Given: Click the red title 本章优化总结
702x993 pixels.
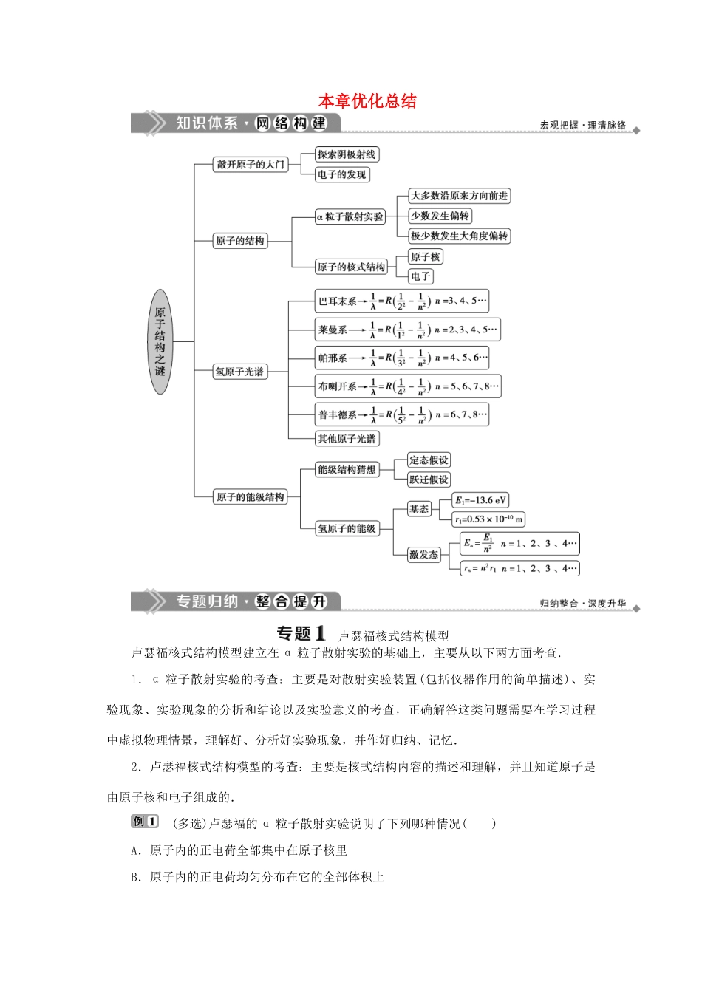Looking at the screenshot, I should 367,101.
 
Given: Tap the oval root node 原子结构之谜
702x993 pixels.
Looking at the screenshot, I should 160,341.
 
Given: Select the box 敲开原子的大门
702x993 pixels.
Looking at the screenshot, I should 251,165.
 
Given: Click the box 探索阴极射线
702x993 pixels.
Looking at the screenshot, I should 347,154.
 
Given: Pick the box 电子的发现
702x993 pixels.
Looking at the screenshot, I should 341,175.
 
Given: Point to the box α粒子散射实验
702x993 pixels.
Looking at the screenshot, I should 350,216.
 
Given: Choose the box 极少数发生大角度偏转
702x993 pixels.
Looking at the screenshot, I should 459,236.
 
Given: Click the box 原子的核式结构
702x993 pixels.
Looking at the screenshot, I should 351,267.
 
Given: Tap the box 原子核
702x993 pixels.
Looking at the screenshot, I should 425,256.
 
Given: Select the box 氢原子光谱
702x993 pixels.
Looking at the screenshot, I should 239,372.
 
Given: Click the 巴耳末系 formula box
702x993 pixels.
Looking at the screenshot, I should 402,301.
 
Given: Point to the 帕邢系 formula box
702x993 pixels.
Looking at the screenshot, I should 402,358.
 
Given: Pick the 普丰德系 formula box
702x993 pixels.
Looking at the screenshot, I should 402,415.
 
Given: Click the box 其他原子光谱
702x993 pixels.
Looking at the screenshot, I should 347,439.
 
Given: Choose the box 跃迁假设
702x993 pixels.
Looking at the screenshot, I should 429,480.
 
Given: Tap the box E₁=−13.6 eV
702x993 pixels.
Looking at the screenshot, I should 480,500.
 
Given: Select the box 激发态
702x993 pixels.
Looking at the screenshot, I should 423,554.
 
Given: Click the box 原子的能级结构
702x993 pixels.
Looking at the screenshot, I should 250,497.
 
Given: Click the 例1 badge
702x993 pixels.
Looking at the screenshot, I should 145,822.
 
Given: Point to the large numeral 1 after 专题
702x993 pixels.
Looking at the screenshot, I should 320,633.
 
